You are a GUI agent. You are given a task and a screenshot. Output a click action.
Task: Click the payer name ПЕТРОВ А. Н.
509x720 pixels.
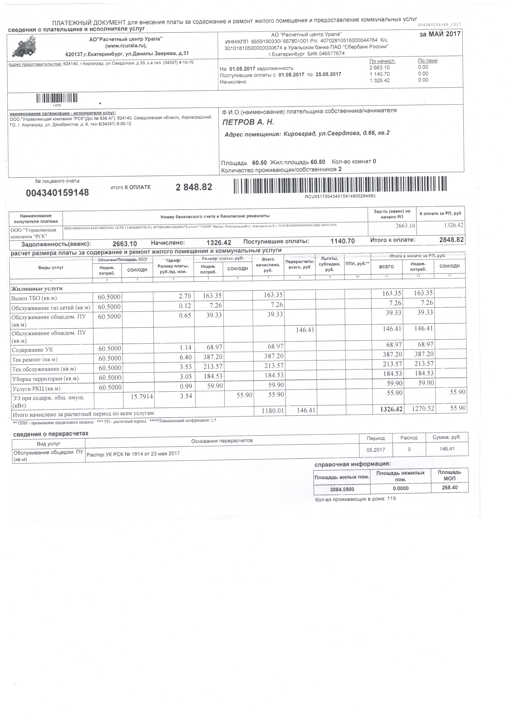248,122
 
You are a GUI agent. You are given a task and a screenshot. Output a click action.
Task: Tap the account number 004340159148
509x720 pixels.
57,193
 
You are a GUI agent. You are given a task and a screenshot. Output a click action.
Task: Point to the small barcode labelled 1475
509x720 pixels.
57,99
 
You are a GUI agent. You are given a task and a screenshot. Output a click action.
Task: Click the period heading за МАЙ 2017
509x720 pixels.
440,34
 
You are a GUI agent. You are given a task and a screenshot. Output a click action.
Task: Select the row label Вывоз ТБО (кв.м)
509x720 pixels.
34,298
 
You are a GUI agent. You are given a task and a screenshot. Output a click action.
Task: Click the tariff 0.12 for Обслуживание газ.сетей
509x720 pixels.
185,305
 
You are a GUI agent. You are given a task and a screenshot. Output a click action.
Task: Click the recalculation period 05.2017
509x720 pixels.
375,450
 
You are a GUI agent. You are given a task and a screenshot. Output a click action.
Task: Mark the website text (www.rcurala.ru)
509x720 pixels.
126,46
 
